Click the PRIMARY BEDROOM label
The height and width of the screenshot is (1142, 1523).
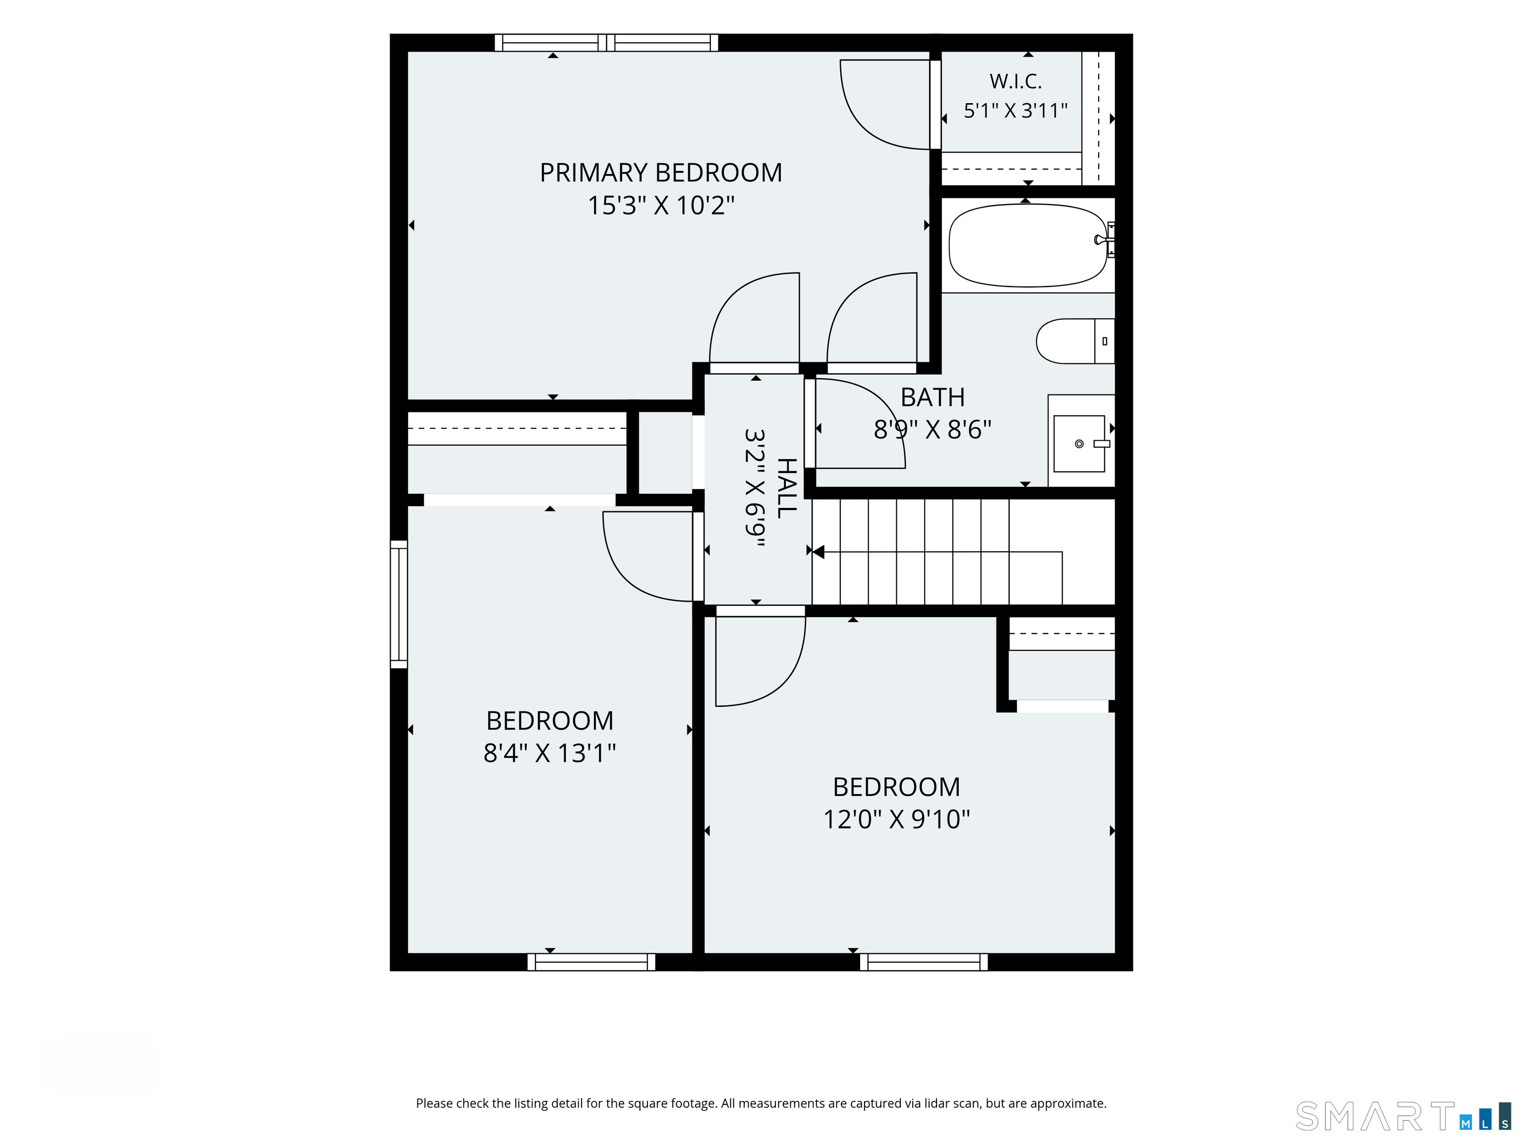pos(661,173)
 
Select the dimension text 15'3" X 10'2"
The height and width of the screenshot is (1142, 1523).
pos(661,205)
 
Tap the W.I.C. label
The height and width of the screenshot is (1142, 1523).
pos(1015,81)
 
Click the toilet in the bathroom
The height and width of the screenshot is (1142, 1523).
pos(1075,341)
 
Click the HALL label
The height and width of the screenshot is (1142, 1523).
pos(786,487)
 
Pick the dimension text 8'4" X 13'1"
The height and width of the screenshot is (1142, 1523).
pos(549,753)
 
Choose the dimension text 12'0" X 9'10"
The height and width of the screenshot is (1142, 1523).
pos(896,819)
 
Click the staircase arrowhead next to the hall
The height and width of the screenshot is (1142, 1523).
pos(818,551)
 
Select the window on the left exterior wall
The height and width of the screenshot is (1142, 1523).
pos(399,604)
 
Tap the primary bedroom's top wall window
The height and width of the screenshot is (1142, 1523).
pos(606,43)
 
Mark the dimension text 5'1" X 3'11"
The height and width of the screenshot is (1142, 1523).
pos(1015,110)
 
